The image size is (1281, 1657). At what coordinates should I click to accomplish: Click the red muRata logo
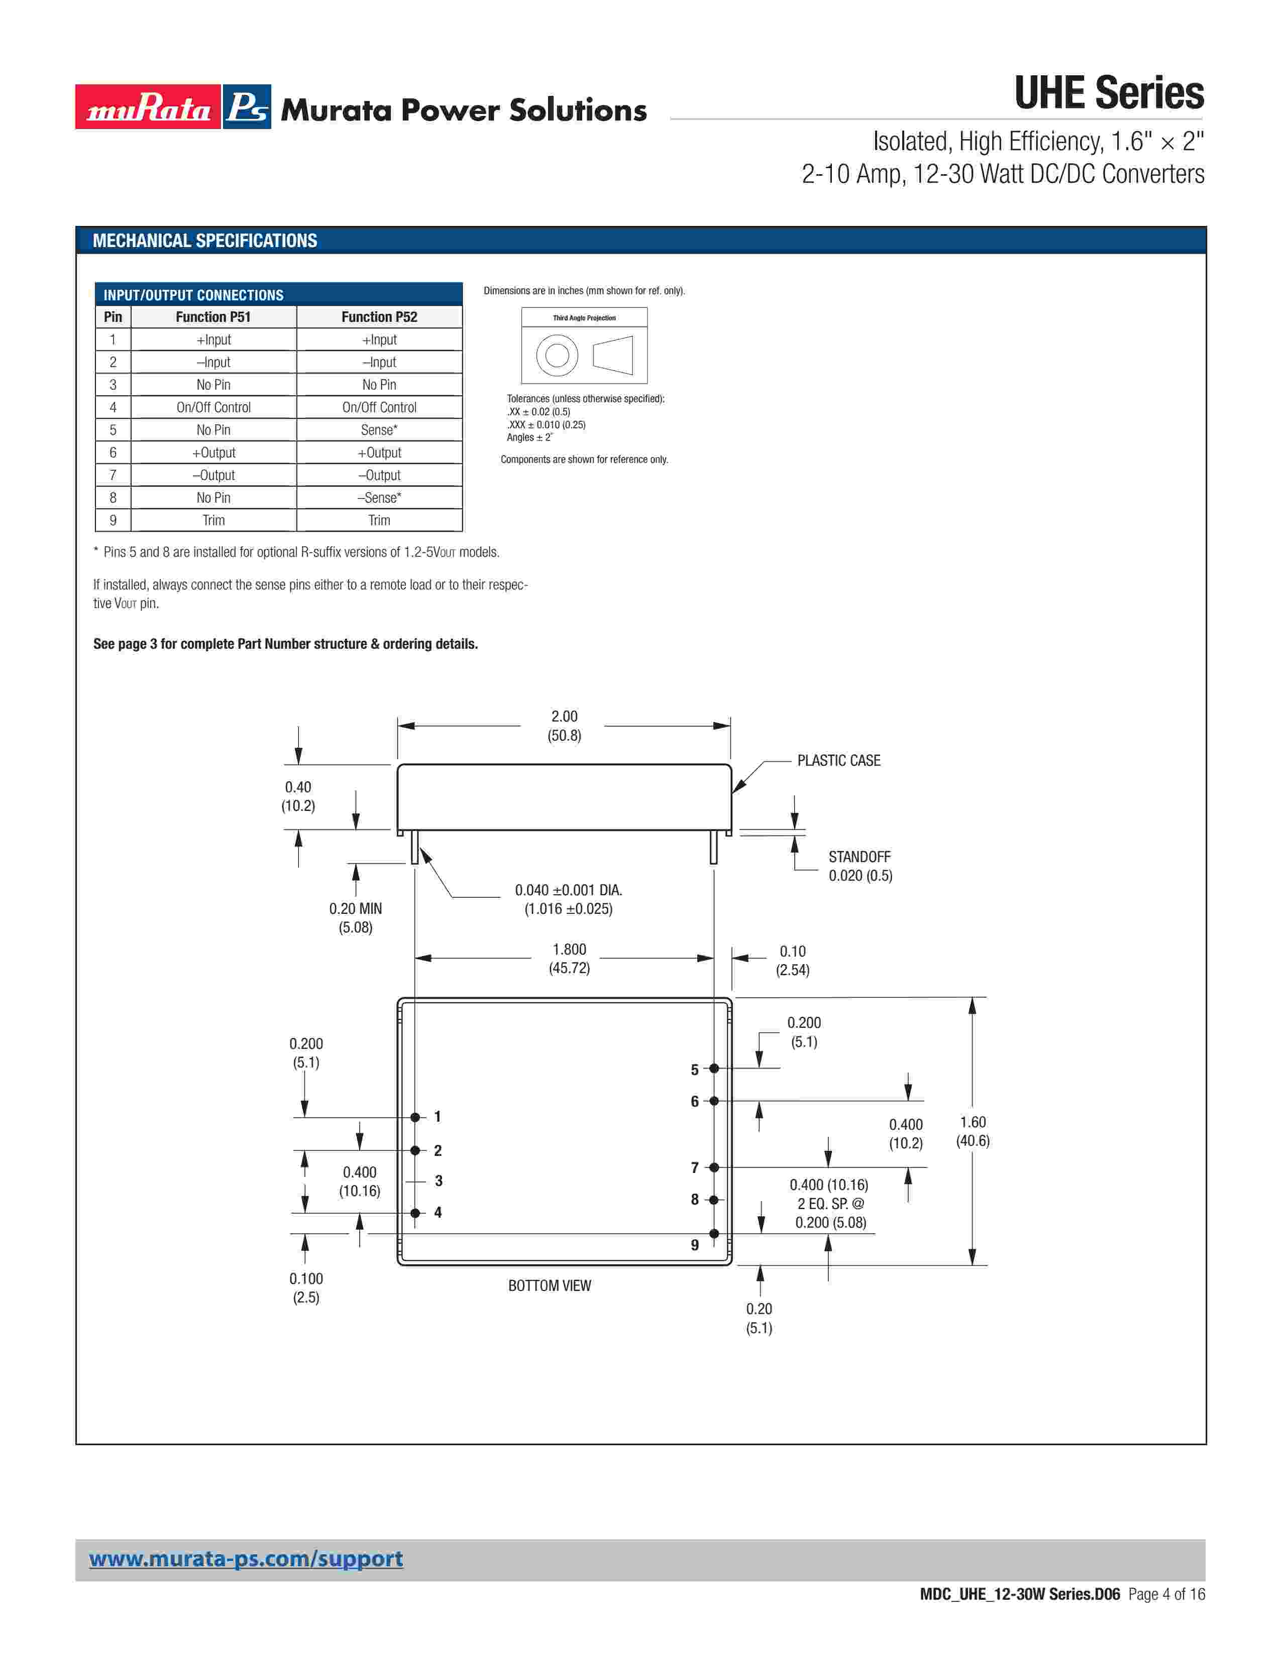click(x=148, y=107)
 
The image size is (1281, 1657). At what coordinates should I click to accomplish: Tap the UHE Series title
click(x=1108, y=93)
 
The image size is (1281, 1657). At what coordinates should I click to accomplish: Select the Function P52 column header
click(x=379, y=317)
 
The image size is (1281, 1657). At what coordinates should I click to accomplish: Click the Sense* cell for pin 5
click(x=379, y=430)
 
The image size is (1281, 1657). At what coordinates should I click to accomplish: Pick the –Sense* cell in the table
click(x=379, y=498)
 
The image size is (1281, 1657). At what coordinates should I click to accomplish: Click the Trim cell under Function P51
click(x=213, y=521)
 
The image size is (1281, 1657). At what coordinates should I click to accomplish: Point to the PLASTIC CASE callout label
click(x=838, y=760)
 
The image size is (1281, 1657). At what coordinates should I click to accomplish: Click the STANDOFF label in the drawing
click(x=859, y=857)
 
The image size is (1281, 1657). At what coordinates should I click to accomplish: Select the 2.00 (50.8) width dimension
click(x=564, y=726)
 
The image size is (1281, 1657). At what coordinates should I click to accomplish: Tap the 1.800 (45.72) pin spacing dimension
click(x=569, y=958)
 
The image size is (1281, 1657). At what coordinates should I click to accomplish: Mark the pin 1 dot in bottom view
click(x=415, y=1117)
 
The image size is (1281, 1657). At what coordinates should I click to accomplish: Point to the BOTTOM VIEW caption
click(x=550, y=1286)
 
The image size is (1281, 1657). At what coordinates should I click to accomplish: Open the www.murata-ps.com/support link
click(x=246, y=1559)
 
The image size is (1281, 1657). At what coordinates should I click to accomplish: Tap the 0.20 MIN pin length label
click(x=355, y=909)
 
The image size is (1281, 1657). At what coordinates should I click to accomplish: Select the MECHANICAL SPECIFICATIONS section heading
click(x=205, y=241)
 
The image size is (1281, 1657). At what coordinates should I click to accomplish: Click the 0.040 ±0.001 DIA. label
click(x=568, y=890)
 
